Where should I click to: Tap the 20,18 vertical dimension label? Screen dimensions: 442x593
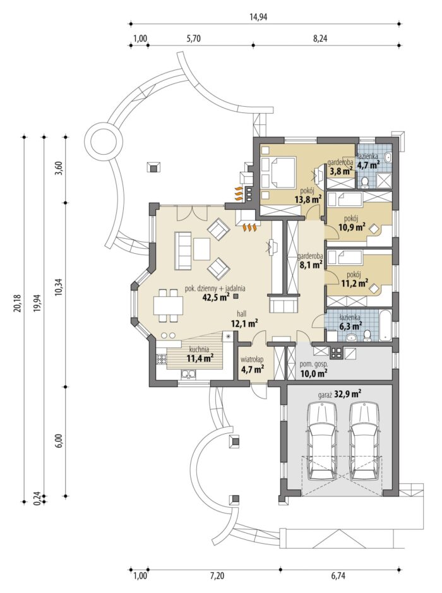point(16,303)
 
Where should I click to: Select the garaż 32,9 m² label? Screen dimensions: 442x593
point(340,395)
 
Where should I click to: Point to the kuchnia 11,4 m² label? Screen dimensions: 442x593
point(200,354)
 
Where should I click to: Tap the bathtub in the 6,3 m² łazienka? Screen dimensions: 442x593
point(386,325)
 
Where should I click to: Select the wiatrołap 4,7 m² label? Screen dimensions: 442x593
point(252,364)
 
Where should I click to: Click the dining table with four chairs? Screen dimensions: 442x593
point(168,305)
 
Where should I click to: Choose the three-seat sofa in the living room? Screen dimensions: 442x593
point(182,250)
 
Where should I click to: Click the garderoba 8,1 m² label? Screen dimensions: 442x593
point(309,260)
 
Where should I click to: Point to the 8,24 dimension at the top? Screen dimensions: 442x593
point(320,38)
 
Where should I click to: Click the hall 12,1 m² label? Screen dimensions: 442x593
point(244,318)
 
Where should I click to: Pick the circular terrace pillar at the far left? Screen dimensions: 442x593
point(104,142)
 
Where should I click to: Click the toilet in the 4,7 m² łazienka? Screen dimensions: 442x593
point(365,183)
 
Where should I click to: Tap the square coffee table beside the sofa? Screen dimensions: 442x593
point(201,248)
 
